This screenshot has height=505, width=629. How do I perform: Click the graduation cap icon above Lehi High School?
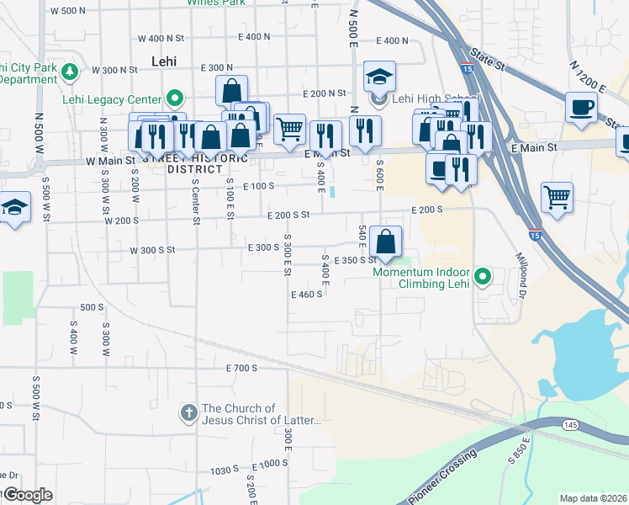click(380, 77)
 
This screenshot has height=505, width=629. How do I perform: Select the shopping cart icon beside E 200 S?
click(557, 198)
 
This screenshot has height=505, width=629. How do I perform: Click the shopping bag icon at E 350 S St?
click(385, 242)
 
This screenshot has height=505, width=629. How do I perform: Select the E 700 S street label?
click(241, 369)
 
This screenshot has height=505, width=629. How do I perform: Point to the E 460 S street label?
click(307, 295)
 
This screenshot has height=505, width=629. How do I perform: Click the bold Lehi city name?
click(164, 61)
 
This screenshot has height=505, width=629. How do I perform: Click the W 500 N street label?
click(68, 12)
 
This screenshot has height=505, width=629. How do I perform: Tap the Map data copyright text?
click(594, 498)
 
